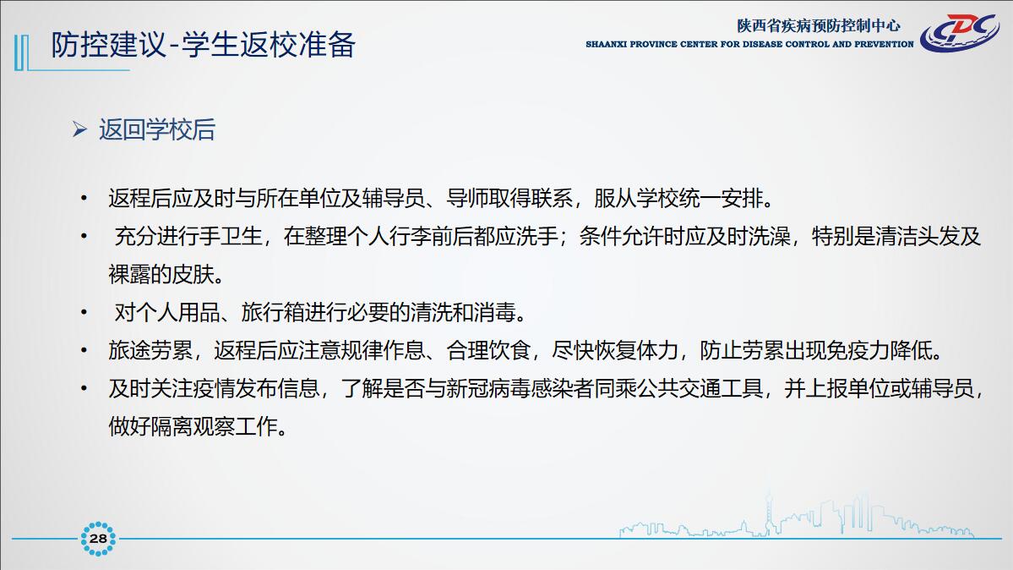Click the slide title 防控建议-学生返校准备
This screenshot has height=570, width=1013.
(203, 45)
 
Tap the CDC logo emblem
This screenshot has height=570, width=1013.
(959, 32)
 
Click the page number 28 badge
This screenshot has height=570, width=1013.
(98, 539)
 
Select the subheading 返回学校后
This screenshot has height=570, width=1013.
(157, 129)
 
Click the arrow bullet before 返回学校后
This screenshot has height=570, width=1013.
(79, 129)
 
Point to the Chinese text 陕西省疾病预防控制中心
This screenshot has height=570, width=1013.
(819, 25)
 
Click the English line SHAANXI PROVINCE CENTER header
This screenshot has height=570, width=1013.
(749, 44)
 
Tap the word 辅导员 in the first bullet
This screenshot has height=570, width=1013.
(394, 199)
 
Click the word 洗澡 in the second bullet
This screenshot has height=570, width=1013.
(770, 237)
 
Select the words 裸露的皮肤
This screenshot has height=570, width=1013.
(161, 274)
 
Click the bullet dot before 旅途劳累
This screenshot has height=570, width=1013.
(84, 351)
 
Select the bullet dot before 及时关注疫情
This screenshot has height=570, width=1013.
(84, 389)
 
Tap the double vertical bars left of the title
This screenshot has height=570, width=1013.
(21, 52)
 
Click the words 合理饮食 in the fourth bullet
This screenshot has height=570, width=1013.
(487, 351)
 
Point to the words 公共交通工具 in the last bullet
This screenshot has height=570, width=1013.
(700, 389)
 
